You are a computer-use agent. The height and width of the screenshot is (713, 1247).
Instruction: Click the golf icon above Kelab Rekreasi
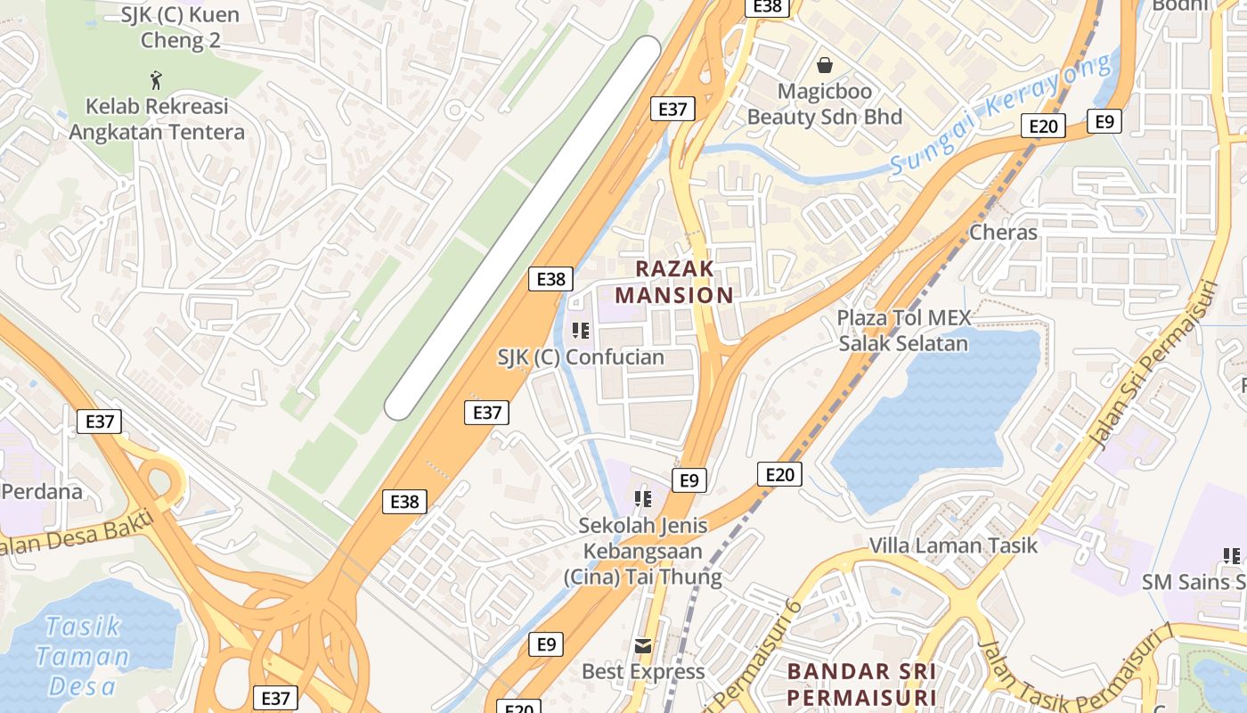[157, 80]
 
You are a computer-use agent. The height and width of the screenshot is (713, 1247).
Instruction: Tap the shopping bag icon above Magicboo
[825, 65]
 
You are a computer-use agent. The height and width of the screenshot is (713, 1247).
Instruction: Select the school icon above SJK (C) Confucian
[581, 331]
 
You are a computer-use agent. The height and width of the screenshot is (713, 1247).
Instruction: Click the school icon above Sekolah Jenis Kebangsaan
[642, 498]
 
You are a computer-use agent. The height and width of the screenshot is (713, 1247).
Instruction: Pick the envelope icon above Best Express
[642, 645]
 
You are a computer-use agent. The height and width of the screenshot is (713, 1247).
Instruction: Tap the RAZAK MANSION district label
[674, 282]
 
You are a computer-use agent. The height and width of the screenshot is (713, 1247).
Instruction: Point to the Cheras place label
[1003, 233]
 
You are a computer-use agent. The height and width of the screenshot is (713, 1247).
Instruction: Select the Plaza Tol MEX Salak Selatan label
[903, 331]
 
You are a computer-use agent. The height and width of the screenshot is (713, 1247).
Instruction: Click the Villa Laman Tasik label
[953, 545]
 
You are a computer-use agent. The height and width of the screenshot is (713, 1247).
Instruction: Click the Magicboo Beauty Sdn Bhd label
[824, 104]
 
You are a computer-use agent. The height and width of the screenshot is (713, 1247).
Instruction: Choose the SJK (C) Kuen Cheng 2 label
[180, 28]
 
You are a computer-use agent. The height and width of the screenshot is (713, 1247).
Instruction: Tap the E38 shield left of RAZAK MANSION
[550, 279]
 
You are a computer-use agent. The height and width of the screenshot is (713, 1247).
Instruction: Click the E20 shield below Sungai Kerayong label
[1042, 126]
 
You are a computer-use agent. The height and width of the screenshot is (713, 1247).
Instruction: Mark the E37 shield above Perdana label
[99, 421]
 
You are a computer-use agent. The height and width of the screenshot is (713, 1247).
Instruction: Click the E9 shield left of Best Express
[546, 643]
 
